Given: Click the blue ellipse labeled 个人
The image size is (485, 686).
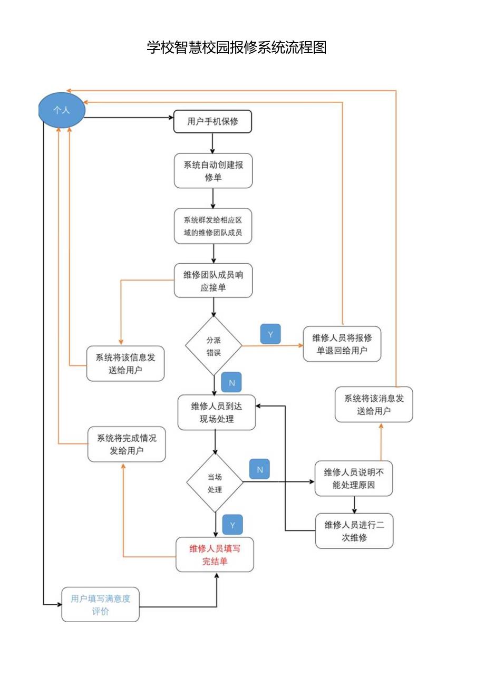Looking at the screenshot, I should (x=62, y=110).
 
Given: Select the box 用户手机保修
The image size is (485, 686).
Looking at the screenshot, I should (x=213, y=122).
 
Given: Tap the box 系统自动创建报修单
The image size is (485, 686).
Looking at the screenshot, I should (x=213, y=171).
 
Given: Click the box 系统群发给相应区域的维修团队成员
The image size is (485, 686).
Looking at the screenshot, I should (x=213, y=226).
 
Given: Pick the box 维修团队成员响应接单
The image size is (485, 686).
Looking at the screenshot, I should (x=213, y=281).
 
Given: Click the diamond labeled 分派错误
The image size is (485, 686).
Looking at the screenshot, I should (x=214, y=346).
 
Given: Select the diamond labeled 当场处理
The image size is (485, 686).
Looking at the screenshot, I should (x=215, y=483).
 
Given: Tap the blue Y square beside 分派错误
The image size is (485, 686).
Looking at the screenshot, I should (x=270, y=334).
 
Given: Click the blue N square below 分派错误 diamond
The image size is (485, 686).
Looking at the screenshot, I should (x=231, y=382).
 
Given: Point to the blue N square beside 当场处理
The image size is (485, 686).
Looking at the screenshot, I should (x=259, y=469).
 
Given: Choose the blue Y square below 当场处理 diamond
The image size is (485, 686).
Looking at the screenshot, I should (x=232, y=525).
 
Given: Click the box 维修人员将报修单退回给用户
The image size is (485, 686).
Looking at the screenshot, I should (x=342, y=344).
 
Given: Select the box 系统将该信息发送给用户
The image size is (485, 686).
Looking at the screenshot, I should (x=125, y=363).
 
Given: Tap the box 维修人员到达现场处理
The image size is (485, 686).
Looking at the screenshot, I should (x=216, y=412).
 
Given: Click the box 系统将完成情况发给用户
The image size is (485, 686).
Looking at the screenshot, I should (x=127, y=445).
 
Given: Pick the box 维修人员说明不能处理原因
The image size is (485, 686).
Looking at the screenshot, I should (x=354, y=478).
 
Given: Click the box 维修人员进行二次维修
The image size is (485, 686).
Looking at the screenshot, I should (x=354, y=531).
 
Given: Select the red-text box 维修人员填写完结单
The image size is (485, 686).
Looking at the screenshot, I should (x=215, y=555).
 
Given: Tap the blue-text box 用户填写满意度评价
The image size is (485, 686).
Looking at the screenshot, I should (x=101, y=604).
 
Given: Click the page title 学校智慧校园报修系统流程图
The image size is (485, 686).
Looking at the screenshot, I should (x=237, y=47).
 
